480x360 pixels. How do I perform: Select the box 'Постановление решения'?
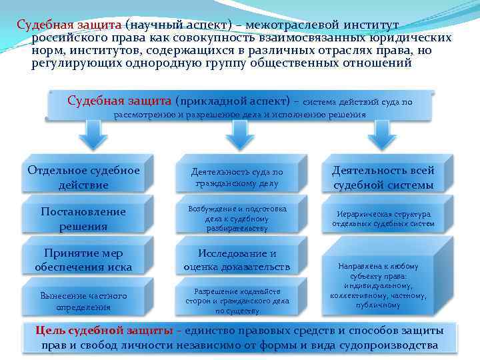coord(84,219)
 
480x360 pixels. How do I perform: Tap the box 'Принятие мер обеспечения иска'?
coord(84,260)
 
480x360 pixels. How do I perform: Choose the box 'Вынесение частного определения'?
coord(84,301)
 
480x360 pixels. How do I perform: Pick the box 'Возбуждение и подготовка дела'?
coord(237,219)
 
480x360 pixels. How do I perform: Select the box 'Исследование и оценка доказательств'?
coord(237,260)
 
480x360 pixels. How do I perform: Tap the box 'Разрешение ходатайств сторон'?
coord(237,301)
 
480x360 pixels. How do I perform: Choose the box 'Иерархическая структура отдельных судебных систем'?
coord(383,219)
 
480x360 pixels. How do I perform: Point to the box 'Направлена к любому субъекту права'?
coord(383,283)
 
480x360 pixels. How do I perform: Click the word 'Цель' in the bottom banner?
coord(49,331)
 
